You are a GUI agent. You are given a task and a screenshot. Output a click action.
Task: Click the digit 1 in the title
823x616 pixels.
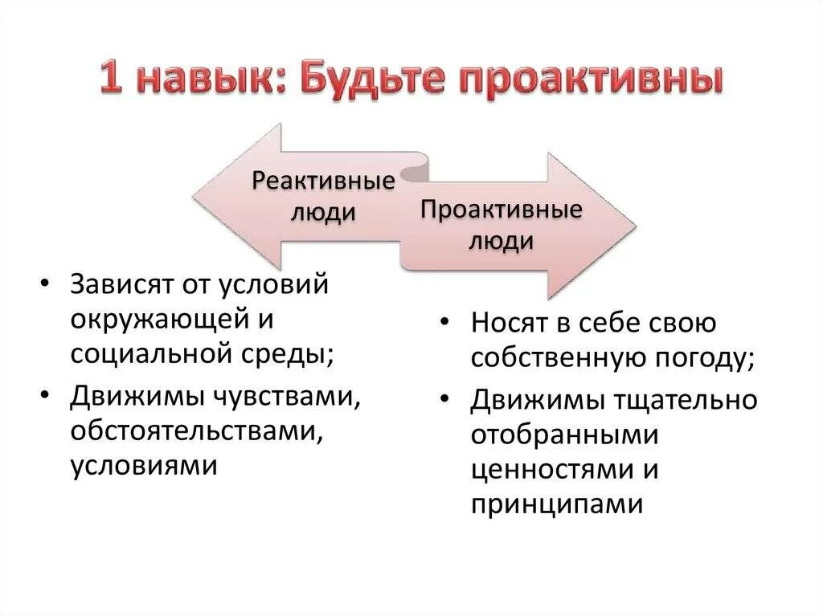[x=113, y=81]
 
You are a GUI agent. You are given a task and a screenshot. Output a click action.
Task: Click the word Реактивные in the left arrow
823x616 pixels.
[x=324, y=181]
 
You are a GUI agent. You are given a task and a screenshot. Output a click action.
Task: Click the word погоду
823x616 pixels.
[x=700, y=359]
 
